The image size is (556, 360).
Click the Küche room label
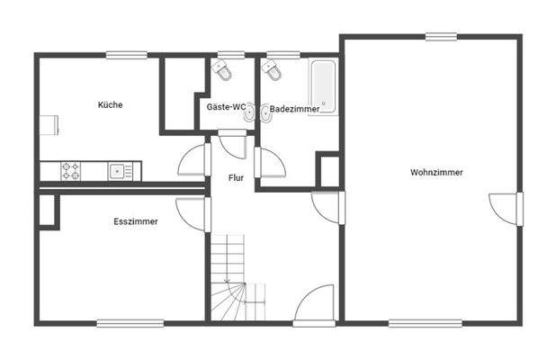(x=111, y=104)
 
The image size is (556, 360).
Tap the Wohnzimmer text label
(x=436, y=172)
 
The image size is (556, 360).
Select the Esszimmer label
(x=136, y=220)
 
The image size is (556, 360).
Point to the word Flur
(x=236, y=178)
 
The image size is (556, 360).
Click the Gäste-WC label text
(x=226, y=107)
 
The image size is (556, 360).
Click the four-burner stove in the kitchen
(x=72, y=169)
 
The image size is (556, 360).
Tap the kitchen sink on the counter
(x=117, y=169)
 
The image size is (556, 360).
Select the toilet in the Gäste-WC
(x=223, y=69)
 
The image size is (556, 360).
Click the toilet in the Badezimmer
(x=268, y=69)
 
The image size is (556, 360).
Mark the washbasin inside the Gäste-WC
(x=247, y=113)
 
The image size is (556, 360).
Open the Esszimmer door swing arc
(x=192, y=213)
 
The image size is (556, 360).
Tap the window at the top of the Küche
(x=126, y=55)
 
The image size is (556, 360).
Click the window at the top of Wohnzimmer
(x=441, y=36)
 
